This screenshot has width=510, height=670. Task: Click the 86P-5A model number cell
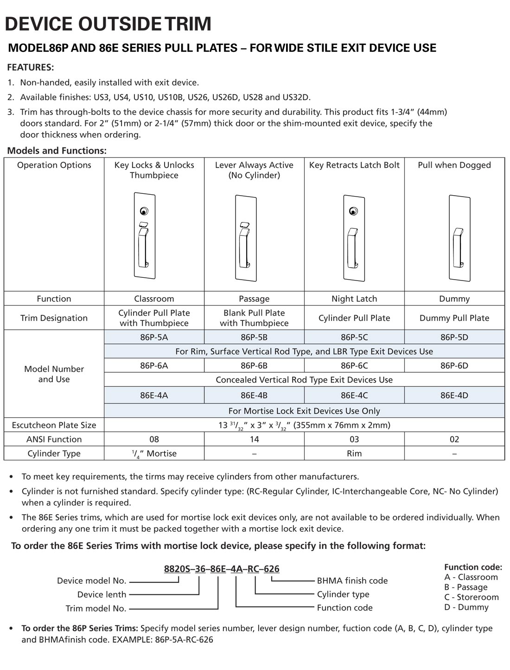click(x=154, y=337)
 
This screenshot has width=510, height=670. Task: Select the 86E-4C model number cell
click(x=354, y=396)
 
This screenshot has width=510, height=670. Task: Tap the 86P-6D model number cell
click(x=454, y=365)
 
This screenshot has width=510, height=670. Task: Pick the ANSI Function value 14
click(x=254, y=439)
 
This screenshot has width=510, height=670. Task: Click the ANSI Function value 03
click(x=354, y=439)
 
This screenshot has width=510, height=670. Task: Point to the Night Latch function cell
click(x=354, y=299)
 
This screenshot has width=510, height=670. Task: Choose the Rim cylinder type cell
click(x=354, y=453)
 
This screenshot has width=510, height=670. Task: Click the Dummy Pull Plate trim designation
click(x=454, y=318)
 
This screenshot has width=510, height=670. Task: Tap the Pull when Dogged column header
click(x=454, y=165)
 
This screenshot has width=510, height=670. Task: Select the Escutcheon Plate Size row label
click(x=54, y=425)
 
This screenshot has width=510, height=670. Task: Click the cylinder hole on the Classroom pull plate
click(x=144, y=211)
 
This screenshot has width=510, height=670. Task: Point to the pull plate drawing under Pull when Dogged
click(x=459, y=238)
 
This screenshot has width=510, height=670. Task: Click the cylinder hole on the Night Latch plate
click(x=354, y=211)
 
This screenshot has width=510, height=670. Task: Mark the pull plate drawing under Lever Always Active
click(x=246, y=238)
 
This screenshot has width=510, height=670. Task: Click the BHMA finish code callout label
click(x=352, y=581)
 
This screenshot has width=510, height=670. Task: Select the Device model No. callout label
click(x=91, y=581)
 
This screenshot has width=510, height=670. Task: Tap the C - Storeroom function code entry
click(x=471, y=597)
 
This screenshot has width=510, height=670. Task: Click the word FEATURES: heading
click(x=31, y=67)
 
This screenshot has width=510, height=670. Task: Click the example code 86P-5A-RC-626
click(x=184, y=640)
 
